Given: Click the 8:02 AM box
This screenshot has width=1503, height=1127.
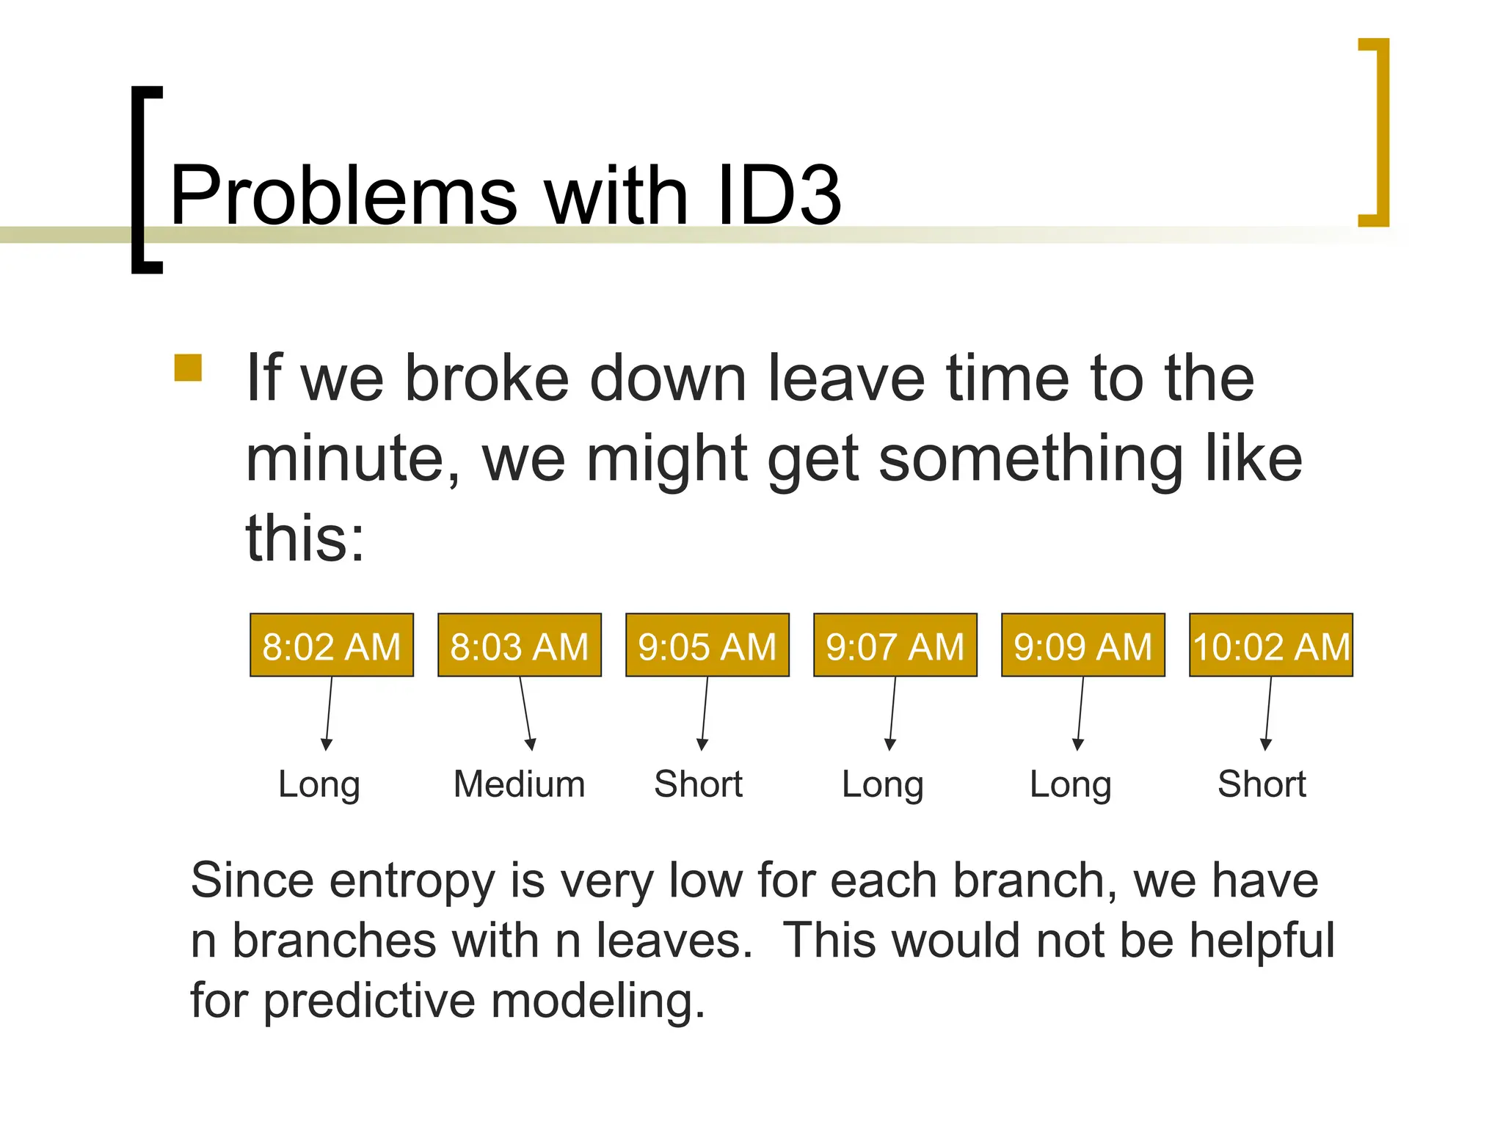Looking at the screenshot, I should click(332, 645).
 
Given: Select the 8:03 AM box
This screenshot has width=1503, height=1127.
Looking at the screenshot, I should click(520, 645).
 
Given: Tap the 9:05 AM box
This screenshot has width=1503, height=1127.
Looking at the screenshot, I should click(707, 645).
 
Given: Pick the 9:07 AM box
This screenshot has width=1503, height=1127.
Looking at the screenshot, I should click(895, 645).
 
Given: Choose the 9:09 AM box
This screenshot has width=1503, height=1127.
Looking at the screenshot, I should click(1083, 645).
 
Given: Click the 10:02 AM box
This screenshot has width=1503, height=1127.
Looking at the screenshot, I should click(1271, 645).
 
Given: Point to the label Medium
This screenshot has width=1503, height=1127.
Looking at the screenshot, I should click(520, 784).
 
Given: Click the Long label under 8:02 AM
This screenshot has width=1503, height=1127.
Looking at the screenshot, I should click(319, 785).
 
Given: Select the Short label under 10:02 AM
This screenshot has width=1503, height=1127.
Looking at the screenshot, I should click(1262, 784).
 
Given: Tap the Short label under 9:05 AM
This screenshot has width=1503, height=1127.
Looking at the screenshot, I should click(699, 784).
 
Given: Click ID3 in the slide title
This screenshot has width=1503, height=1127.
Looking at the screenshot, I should click(779, 195).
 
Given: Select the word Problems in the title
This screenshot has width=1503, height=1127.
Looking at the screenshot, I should click(343, 195).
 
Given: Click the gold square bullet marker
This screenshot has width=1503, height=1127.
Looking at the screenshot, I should click(188, 368).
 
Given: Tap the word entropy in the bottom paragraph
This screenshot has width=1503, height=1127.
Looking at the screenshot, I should click(412, 880).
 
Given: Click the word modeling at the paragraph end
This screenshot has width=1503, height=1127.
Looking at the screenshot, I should click(598, 1001).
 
